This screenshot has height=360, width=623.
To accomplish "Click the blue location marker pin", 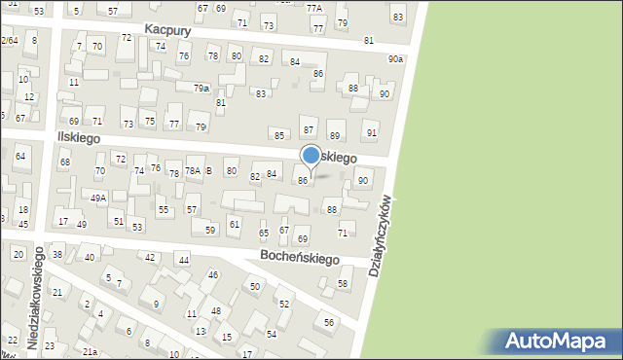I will (x=311, y=156).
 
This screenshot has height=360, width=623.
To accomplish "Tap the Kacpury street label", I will (x=167, y=30).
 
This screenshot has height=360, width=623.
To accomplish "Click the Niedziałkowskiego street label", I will (x=35, y=297).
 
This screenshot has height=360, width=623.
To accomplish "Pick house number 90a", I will (x=394, y=59).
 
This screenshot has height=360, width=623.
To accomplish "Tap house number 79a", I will (x=201, y=89).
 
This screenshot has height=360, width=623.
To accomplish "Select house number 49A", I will (x=98, y=198).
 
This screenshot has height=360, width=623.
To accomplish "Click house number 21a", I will (x=90, y=351).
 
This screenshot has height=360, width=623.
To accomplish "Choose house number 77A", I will (x=313, y=7).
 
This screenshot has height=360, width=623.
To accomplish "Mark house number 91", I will (x=371, y=132).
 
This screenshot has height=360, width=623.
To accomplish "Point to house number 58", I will (x=343, y=283).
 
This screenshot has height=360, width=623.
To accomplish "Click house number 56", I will (x=329, y=322).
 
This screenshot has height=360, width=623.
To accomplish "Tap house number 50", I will (x=255, y=286).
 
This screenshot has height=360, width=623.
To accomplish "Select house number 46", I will (x=213, y=275).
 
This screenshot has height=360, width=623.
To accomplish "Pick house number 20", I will (x=18, y=254).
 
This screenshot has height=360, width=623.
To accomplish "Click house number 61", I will (x=235, y=225).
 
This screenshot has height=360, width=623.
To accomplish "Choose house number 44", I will (x=183, y=260).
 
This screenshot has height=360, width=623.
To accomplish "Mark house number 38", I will (x=57, y=255).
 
